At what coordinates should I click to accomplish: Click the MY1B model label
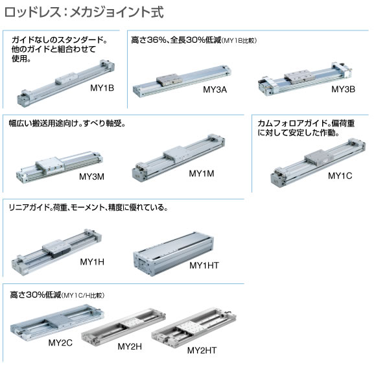coord(102,88)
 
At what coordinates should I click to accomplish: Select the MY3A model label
coord(215,89)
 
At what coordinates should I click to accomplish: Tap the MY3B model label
coord(343,89)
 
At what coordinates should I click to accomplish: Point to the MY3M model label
coord(91,177)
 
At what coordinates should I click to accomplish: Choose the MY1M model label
coord(202,173)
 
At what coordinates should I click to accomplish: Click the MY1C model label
coord(340,176)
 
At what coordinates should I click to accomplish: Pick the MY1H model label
coord(92,262)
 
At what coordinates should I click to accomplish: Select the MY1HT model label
coord(204,265)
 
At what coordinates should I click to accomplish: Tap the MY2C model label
coord(60,342)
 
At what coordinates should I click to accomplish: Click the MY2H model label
coord(130,346)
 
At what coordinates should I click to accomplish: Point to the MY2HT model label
coord(202,350)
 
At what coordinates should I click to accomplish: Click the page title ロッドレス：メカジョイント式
coord(84,12)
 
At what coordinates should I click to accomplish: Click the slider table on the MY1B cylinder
coord(67,78)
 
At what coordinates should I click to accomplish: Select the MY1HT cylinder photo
coord(173,254)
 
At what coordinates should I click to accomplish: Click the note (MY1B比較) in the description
coord(239,41)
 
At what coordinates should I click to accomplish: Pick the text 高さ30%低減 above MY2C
coord(36,294)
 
